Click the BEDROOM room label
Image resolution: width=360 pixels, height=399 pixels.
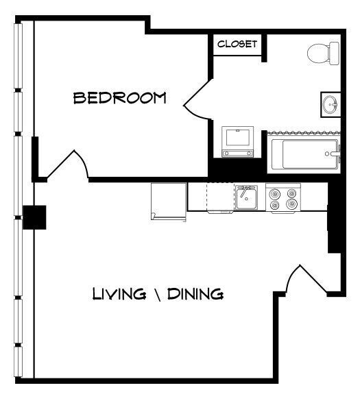120,98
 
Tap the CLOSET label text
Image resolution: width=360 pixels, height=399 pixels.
237,45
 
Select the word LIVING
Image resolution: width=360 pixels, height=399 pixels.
119,294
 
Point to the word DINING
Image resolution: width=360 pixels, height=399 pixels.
197,294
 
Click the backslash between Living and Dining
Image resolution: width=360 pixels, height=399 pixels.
158,294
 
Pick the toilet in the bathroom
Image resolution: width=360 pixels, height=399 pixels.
323,52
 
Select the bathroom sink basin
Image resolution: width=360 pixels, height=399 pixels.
330,105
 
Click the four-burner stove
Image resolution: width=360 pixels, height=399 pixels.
283,198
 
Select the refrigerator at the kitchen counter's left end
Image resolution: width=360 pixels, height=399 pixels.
169,202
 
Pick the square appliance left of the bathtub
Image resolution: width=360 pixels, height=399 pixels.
237,142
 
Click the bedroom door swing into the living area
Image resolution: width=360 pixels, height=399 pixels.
70,165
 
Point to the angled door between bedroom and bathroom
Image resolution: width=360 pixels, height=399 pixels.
197,103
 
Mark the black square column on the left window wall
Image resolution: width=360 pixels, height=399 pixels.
34,217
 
